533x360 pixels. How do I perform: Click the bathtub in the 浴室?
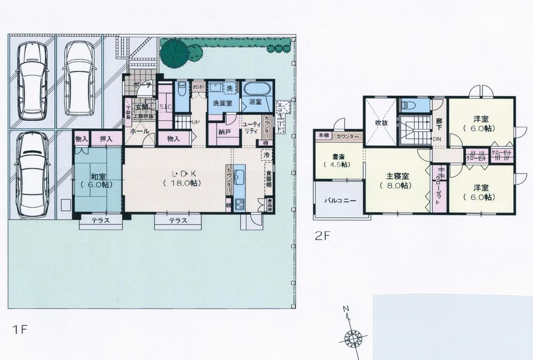pos(257,88)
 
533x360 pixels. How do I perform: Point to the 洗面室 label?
pos(222,102)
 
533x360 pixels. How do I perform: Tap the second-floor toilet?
pos(414,105)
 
